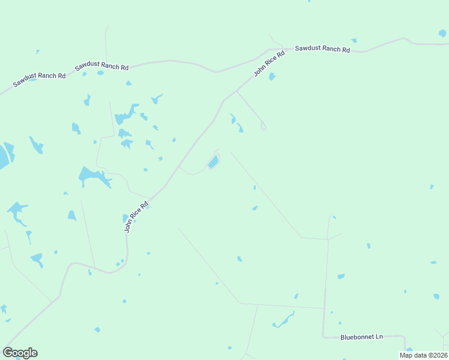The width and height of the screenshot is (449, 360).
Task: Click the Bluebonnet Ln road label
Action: click(361, 337)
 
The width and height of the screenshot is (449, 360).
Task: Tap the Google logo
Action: click(20, 352)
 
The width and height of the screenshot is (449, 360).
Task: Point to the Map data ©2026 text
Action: click(423, 355)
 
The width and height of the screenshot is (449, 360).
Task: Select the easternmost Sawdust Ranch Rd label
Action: click(322, 49)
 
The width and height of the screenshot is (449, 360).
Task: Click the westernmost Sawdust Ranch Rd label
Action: click(39, 80)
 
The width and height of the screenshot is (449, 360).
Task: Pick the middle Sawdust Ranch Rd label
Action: click(101, 67)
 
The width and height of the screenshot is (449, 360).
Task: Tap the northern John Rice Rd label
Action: click(268, 63)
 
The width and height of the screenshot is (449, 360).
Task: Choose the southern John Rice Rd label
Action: click(136, 216)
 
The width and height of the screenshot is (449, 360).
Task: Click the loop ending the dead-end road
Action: click(263, 127)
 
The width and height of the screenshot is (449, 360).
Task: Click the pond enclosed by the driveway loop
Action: click(212, 162)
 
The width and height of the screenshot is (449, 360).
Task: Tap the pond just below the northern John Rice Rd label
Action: click(272, 76)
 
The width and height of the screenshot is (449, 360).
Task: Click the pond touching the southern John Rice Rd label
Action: click(125, 218)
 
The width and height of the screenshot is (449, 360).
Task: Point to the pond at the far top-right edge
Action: click(442, 33)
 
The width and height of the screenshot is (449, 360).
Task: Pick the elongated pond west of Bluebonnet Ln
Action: click(283, 321)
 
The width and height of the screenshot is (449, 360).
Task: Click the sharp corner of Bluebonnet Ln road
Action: click(324, 335)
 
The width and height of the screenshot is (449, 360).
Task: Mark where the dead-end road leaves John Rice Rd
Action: click(237, 91)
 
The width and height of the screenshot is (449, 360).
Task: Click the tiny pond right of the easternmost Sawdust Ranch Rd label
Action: click(354, 40)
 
